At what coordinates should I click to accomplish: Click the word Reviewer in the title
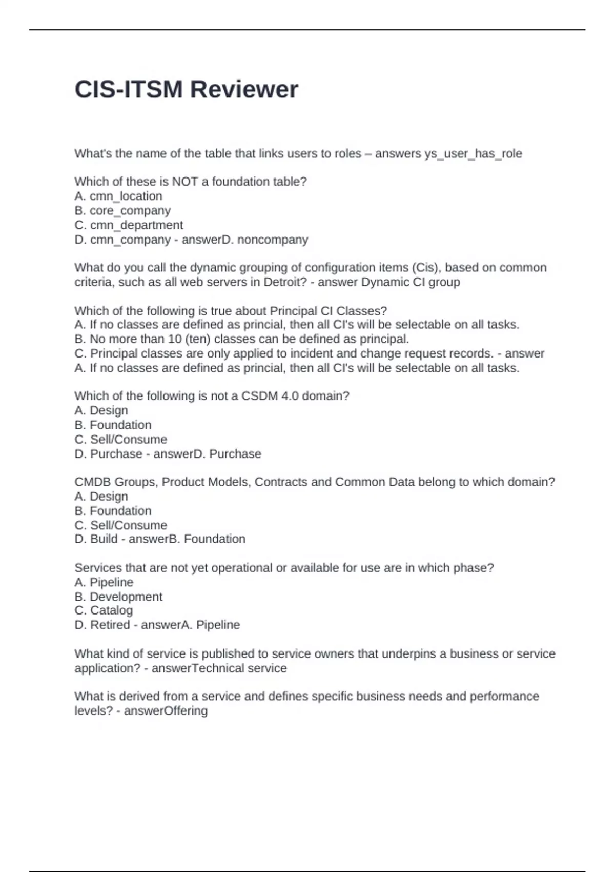coord(244,90)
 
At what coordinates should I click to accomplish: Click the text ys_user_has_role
coord(473,154)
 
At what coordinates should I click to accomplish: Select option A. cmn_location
coord(118,196)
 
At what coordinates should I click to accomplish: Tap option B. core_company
coord(122,210)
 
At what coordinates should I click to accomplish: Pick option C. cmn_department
coord(129,225)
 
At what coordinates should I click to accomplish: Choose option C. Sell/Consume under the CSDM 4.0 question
coord(120,440)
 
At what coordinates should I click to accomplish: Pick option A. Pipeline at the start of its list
coord(104,582)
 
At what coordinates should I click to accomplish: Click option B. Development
coord(118,597)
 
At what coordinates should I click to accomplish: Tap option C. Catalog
coord(104,610)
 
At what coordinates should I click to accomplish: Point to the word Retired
coord(110,625)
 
